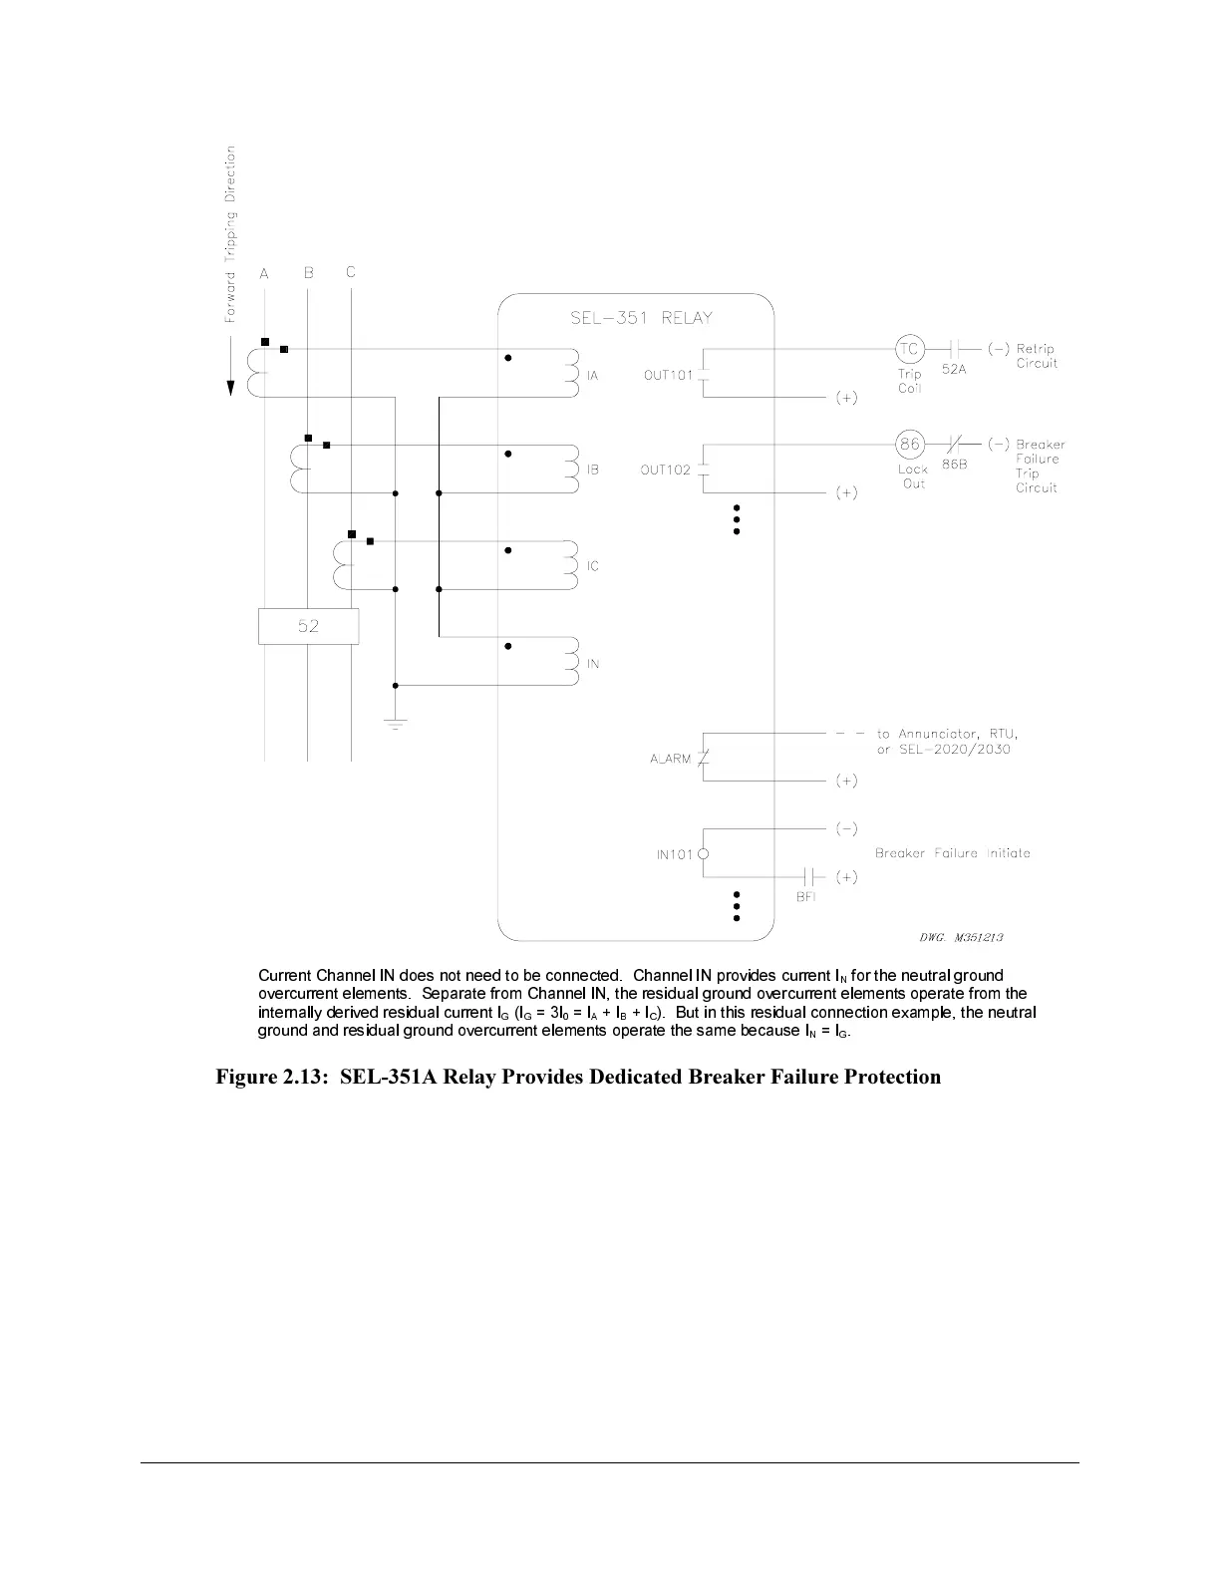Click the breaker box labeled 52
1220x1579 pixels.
308,626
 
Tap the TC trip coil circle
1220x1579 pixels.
909,349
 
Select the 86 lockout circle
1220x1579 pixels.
909,445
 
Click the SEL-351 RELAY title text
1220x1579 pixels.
641,318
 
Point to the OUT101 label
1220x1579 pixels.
668,376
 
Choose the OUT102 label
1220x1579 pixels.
665,471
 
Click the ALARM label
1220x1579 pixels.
670,759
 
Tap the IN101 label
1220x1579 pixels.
674,854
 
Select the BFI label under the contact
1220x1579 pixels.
805,897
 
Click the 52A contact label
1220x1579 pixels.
954,369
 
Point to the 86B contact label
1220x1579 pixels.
954,465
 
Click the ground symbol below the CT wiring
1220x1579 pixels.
396,723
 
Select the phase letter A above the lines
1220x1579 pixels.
264,274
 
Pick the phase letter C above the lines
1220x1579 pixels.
351,272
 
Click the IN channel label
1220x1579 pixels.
593,664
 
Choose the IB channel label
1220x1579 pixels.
593,470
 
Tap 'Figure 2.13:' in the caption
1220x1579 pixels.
272,1077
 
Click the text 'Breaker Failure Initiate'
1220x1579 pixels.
952,853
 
